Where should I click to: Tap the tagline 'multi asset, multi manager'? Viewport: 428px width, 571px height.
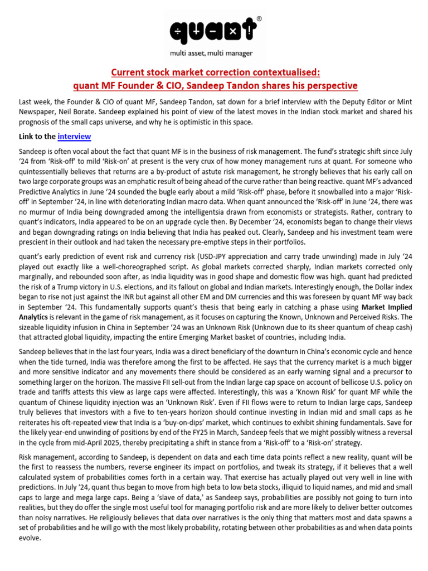pos(215,54)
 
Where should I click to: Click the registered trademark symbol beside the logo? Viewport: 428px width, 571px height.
pos(259,18)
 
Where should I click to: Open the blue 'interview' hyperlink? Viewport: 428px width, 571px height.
pos(74,136)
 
